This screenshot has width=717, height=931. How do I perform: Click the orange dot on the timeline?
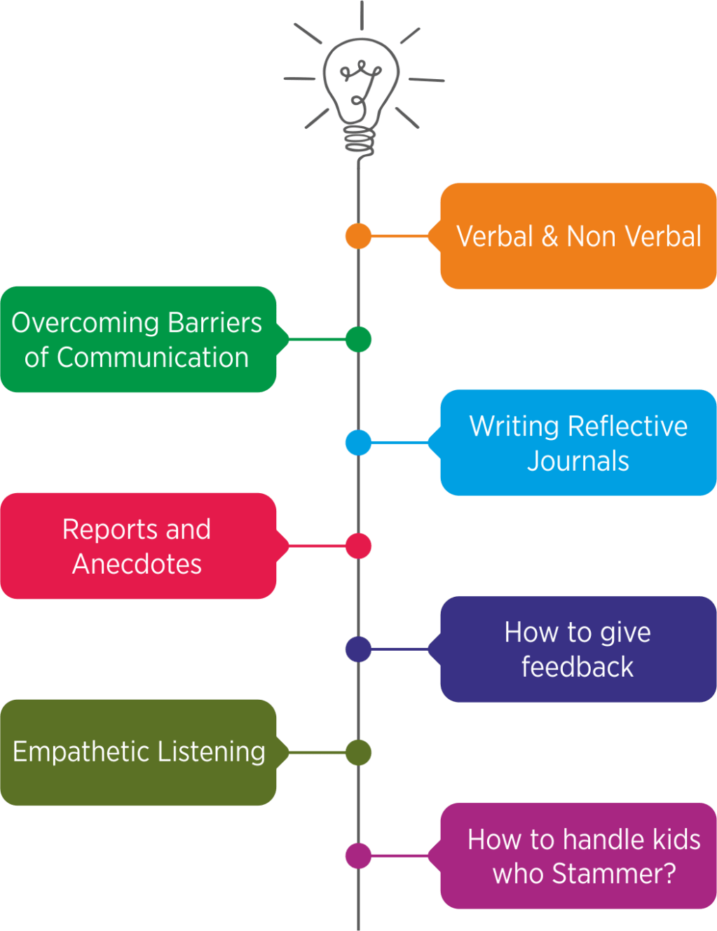358,236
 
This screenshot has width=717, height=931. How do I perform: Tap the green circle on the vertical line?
358,340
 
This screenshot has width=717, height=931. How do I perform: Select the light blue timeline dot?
358,443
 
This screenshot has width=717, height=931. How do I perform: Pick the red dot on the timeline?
358,546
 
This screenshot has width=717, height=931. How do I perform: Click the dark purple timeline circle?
358,649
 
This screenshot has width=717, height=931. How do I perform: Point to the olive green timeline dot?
358,752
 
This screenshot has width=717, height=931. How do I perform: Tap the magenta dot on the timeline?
358,855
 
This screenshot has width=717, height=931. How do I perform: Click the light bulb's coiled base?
360,140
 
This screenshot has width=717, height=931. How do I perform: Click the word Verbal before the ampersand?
495,237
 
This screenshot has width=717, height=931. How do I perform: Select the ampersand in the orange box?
550,237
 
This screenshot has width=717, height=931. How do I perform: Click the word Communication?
152,358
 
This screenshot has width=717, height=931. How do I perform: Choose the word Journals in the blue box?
578,461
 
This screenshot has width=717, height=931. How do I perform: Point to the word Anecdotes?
137,564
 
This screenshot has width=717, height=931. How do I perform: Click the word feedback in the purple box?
578,667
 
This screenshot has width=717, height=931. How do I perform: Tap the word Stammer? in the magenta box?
614,874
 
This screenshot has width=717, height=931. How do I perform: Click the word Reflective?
628,426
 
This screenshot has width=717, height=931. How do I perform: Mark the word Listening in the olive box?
212,752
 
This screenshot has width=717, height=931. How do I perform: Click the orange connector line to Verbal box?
400,236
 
